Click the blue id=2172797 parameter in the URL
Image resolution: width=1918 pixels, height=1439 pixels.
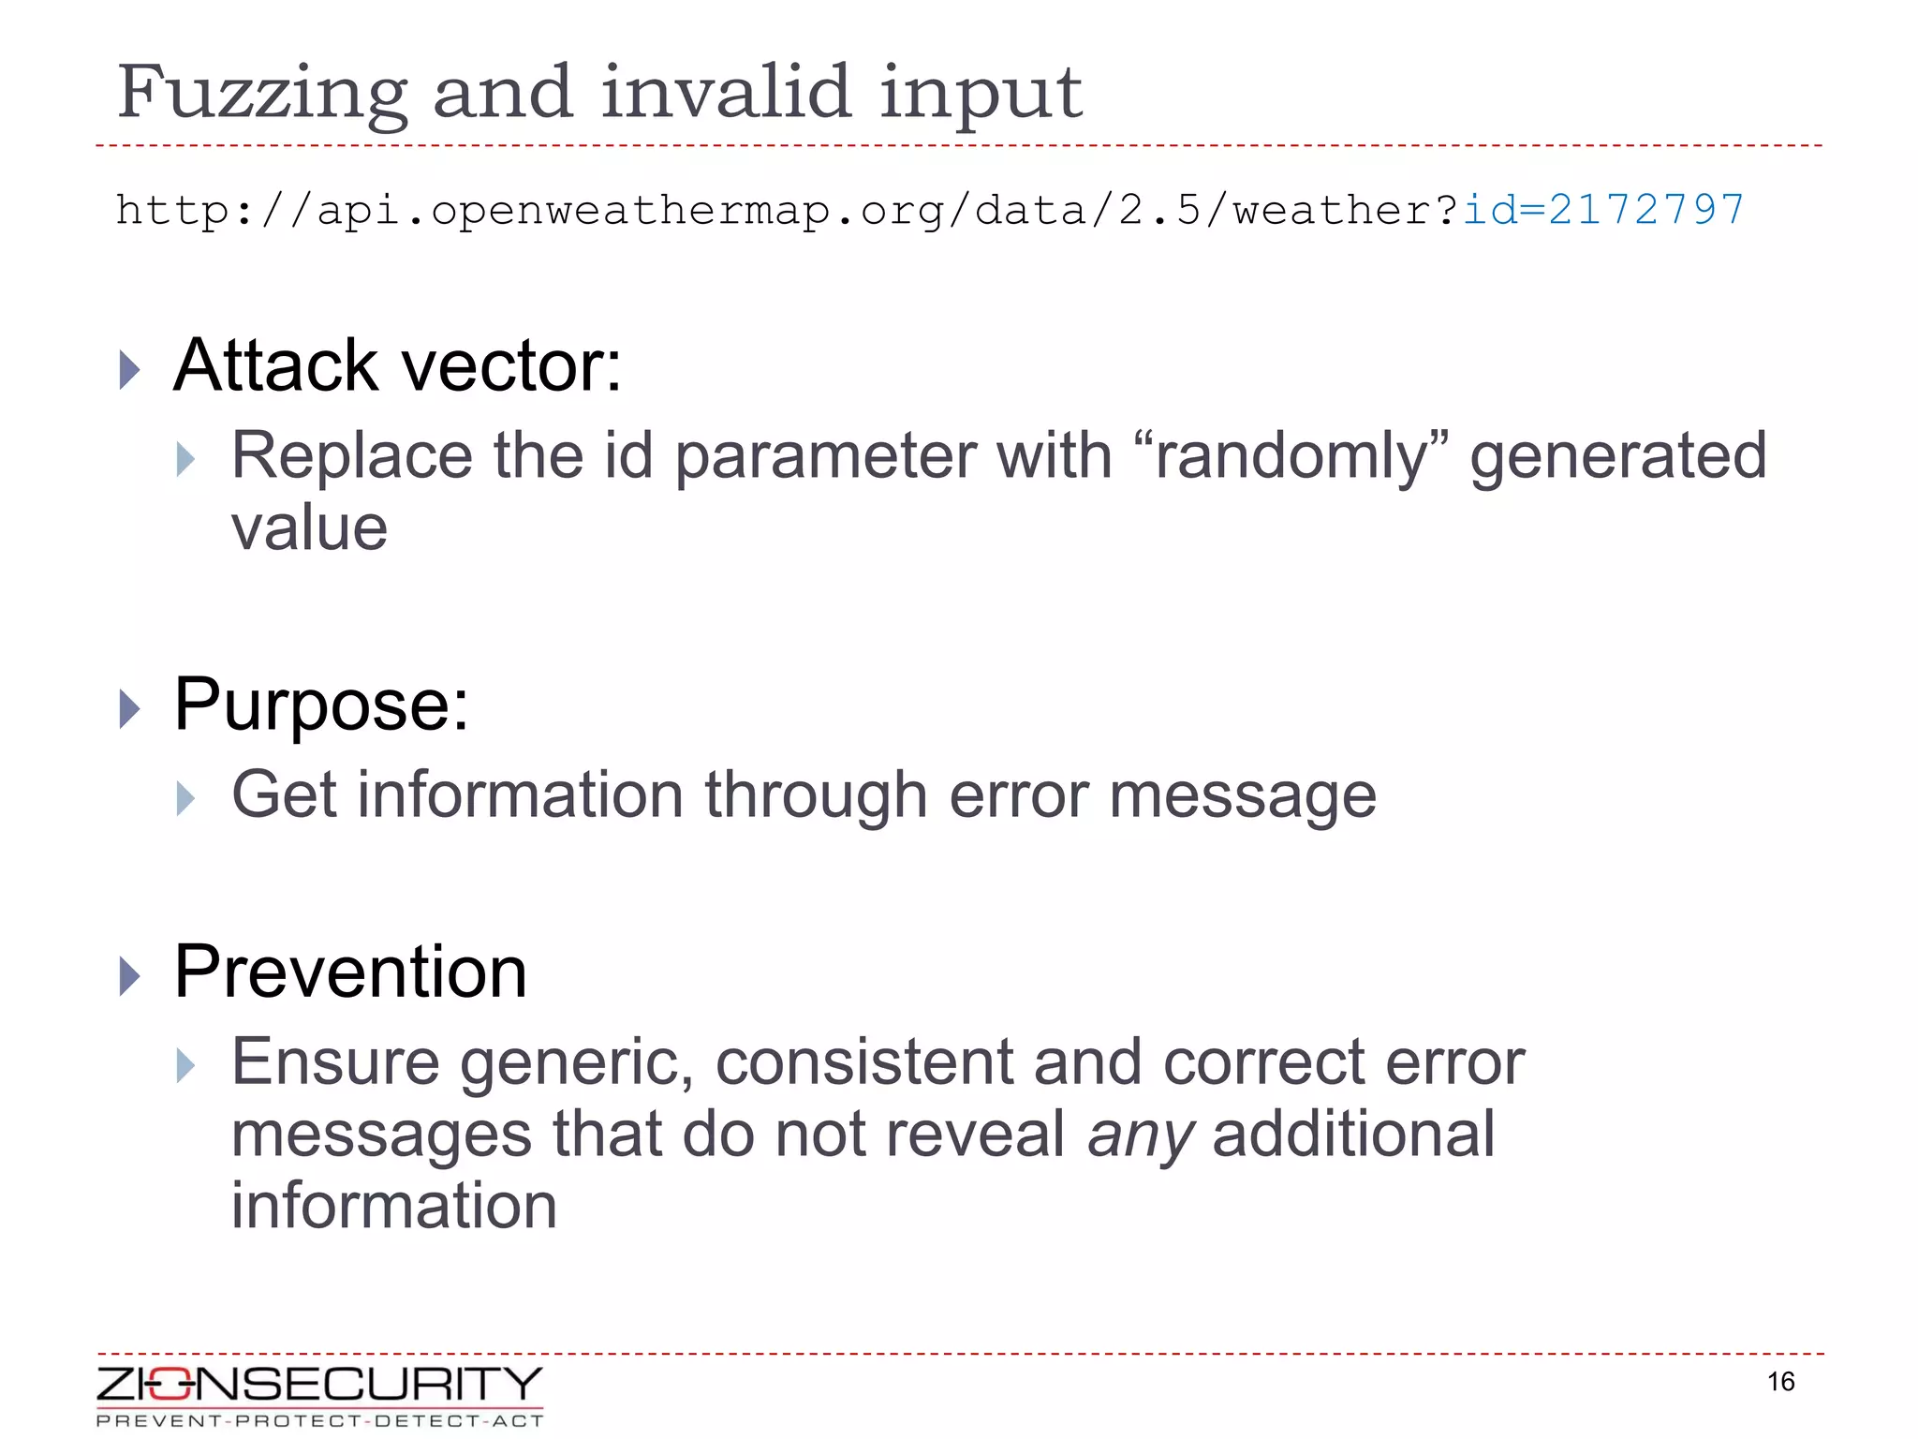pyautogui.click(x=1603, y=209)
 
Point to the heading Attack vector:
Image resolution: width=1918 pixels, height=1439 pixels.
pyautogui.click(x=397, y=365)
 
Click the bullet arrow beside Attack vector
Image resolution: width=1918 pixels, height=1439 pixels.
pyautogui.click(x=129, y=369)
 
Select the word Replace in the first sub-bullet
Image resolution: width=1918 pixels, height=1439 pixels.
pyautogui.click(x=351, y=456)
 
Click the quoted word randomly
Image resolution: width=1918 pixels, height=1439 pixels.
pyautogui.click(x=1290, y=456)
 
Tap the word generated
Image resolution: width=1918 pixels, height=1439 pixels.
pyautogui.click(x=1617, y=456)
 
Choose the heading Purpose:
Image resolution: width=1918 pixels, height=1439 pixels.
pyautogui.click(x=321, y=705)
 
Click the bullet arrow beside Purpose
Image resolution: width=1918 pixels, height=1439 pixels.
pyautogui.click(x=129, y=708)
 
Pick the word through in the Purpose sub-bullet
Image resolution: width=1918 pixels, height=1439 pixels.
pyautogui.click(x=816, y=795)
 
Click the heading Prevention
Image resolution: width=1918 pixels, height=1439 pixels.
pyautogui.click(x=350, y=972)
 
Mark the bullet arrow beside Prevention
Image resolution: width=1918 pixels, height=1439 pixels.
pyautogui.click(x=129, y=976)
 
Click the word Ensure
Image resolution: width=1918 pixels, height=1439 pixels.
pyautogui.click(x=335, y=1062)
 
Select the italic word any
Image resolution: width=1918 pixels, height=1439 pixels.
pyautogui.click(x=1140, y=1135)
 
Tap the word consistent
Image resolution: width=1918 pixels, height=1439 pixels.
pyautogui.click(x=864, y=1062)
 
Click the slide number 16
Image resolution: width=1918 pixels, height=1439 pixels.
pyautogui.click(x=1780, y=1382)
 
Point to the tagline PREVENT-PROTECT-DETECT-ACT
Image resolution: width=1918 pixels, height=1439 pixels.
pyautogui.click(x=319, y=1421)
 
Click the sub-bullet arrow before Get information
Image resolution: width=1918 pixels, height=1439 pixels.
pyautogui.click(x=185, y=799)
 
